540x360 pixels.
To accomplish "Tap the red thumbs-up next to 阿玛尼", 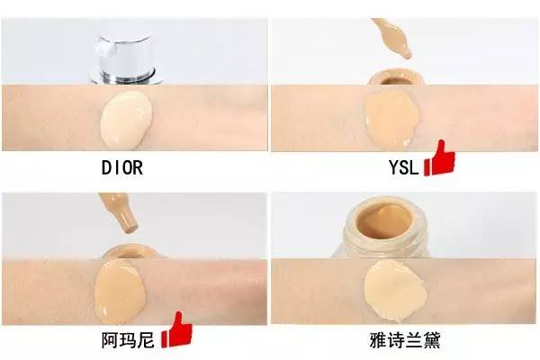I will click(x=176, y=330).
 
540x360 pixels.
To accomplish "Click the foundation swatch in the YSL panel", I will click(x=391, y=119).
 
